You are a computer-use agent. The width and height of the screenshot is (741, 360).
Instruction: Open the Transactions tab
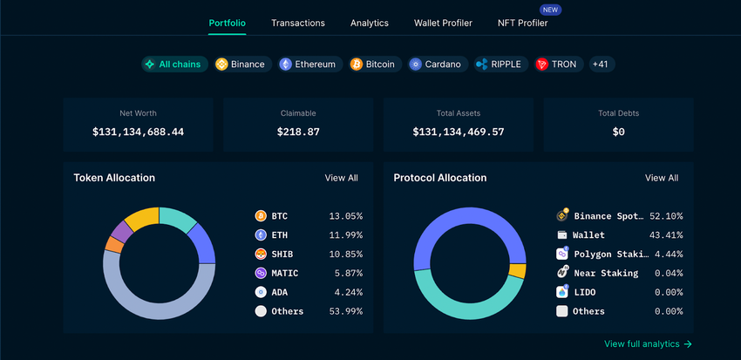298,23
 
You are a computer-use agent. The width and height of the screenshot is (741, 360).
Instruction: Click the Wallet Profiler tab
443,23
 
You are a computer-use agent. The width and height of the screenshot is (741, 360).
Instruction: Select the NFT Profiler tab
522,23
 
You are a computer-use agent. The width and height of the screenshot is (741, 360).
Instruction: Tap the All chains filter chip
174,65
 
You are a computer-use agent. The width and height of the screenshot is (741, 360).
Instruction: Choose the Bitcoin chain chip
372,65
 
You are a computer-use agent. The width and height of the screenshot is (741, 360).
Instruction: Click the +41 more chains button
600,65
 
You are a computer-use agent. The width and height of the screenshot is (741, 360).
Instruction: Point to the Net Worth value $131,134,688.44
138,132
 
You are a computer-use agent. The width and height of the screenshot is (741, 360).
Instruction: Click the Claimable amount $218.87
298,132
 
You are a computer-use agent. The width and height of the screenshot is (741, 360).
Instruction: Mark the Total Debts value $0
619,132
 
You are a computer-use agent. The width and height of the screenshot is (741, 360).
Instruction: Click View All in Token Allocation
341,178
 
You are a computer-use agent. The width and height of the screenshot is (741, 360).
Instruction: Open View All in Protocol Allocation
661,178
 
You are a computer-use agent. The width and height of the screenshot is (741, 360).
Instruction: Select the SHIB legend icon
261,254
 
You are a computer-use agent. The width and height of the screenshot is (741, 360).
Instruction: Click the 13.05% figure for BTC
345,215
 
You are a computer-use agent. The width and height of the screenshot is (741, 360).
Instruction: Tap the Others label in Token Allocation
287,311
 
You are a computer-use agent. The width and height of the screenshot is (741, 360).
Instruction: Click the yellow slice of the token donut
142,217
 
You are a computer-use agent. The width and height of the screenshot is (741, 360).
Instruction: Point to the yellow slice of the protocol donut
518,271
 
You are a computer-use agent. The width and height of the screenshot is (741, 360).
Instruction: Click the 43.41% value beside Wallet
667,234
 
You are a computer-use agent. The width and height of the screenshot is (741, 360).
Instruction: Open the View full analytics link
648,344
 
